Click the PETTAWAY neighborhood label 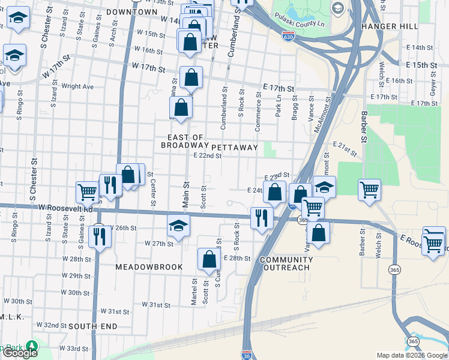[x=234, y=147]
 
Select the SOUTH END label [x=92, y=326]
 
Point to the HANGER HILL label [x=386, y=26]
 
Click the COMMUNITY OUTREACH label [x=287, y=264]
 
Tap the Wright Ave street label [x=77, y=86]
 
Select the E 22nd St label [x=208, y=156]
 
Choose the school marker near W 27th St [x=178, y=226]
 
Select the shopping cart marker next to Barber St [x=369, y=190]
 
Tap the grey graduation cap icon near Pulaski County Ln [x=337, y=8]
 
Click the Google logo [x=20, y=353]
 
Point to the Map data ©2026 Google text [x=412, y=355]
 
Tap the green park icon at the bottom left [x=31, y=347]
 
